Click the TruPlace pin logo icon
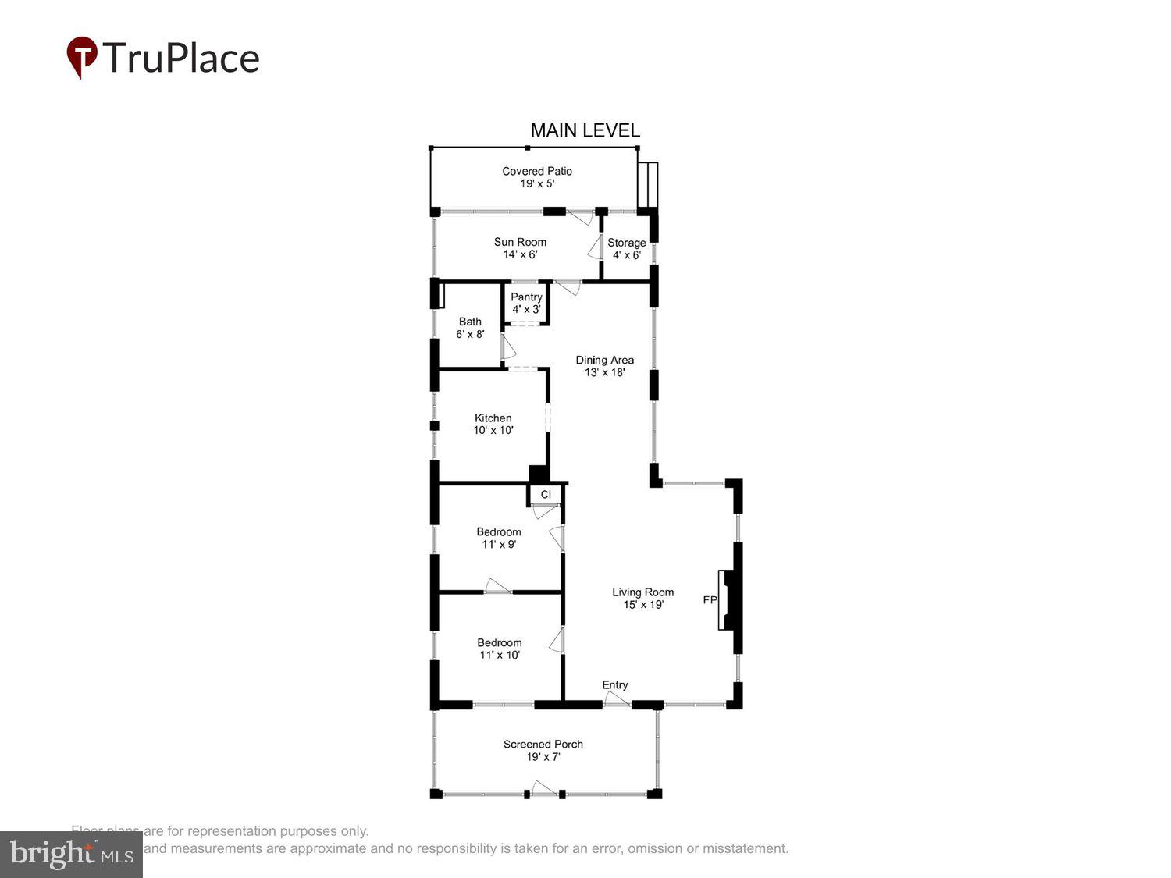pos(82,57)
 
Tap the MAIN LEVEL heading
pos(585,130)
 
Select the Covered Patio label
pos(537,171)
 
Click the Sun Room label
pos(520,242)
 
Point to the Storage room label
pos(626,243)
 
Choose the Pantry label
pos(526,297)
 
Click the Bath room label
pos(470,322)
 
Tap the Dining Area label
pos(604,360)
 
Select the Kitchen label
pos(493,418)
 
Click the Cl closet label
pos(546,494)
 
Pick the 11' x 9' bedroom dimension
pos(499,545)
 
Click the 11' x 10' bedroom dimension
pos(500,655)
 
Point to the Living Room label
pos(642,592)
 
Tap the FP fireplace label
pos(710,600)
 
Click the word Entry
pos(615,685)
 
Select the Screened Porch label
pos(543,745)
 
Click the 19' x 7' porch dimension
pos(543,757)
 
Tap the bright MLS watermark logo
pos(71,855)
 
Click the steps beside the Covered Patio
pos(648,185)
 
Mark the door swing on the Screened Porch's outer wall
pos(544,788)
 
